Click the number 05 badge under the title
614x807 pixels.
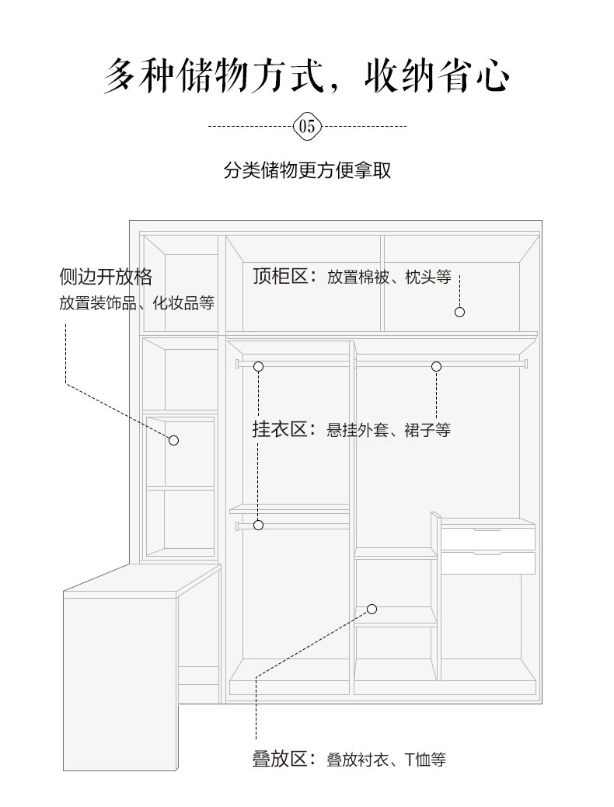(x=307, y=126)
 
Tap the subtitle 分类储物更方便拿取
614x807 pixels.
(x=307, y=169)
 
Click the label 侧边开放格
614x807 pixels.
(x=106, y=277)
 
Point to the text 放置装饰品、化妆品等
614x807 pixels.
(x=136, y=302)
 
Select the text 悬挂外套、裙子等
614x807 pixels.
(x=389, y=430)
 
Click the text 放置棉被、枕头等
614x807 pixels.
(x=389, y=277)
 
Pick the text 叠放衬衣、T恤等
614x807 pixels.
(x=386, y=759)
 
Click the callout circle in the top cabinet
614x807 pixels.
(x=459, y=312)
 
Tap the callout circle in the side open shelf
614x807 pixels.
(x=174, y=441)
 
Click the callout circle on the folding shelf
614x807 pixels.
(x=372, y=610)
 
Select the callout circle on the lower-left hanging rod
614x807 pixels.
(x=258, y=525)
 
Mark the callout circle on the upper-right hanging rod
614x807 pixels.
(x=437, y=366)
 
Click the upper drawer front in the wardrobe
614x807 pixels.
(x=488, y=539)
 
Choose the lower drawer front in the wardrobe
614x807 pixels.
(x=488, y=563)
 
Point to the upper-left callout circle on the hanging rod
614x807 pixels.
(x=258, y=366)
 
